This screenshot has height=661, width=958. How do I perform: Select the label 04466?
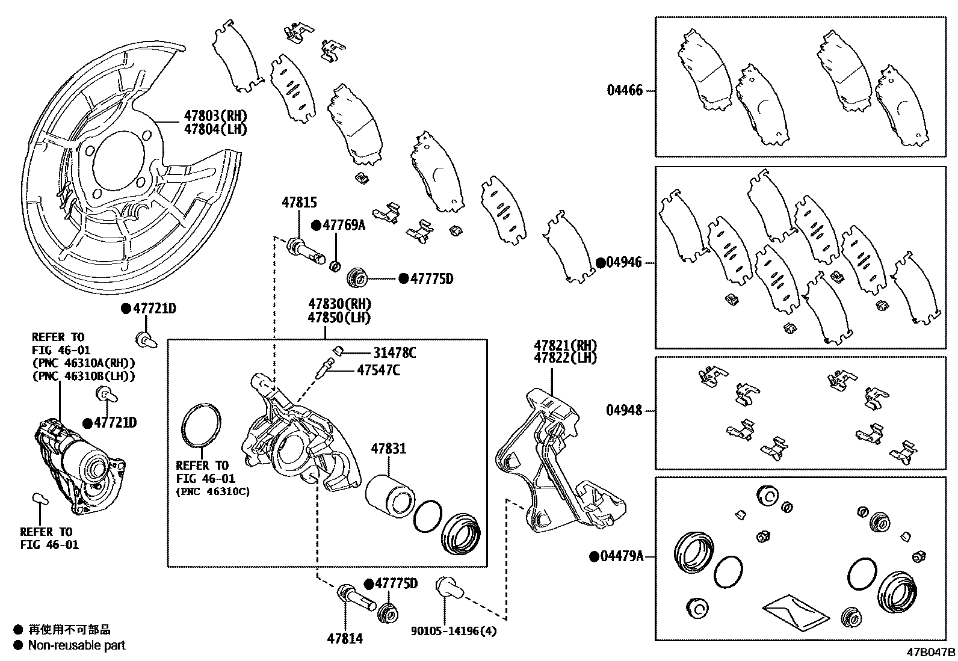tap(625, 91)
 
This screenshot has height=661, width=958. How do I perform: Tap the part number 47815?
tap(299, 203)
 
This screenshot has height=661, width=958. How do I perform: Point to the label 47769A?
tap(344, 225)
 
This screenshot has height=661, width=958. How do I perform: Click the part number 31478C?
tap(394, 353)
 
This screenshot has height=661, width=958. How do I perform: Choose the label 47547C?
tap(378, 370)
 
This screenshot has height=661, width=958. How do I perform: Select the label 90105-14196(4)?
tap(454, 631)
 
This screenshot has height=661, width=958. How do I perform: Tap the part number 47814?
tap(345, 639)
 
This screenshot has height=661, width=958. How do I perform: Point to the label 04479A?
tap(622, 556)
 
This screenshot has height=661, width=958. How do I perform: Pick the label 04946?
tap(623, 263)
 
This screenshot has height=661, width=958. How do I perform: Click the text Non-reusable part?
tap(77, 645)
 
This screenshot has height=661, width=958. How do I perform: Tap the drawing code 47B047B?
tap(931, 651)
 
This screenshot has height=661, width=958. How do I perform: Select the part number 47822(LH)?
tap(565, 358)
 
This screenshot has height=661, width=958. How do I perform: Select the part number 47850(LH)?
tap(339, 318)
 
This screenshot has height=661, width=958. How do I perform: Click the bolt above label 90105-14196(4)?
tap(448, 586)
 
